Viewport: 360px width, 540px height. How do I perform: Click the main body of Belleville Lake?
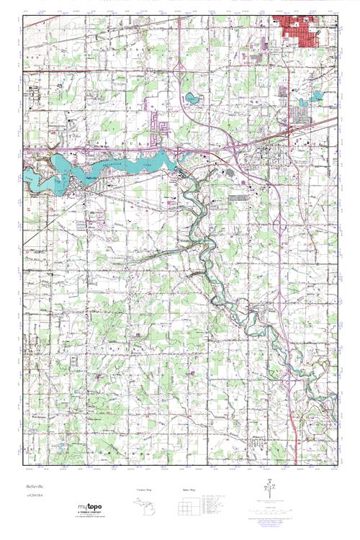(x=137, y=163)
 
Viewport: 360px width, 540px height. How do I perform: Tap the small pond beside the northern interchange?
(x=192, y=97)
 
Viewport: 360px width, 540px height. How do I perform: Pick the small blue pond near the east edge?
(x=318, y=95)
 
